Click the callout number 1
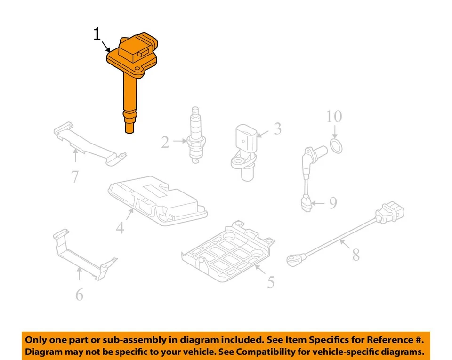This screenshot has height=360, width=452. [x=97, y=34]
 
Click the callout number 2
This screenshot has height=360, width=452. [x=165, y=142]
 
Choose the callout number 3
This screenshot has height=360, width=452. [x=278, y=128]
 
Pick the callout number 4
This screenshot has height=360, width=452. [x=120, y=228]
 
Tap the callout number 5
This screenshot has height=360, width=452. [x=271, y=282]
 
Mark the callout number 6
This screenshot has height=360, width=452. [x=79, y=295]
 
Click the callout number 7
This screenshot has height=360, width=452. [x=75, y=176]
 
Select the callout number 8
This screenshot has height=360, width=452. [x=355, y=255]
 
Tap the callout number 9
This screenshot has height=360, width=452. [x=333, y=203]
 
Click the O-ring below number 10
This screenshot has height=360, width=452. [x=335, y=146]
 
